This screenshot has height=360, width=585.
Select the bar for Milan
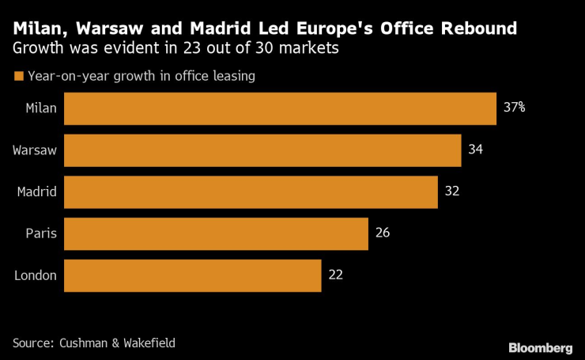(x=279, y=108)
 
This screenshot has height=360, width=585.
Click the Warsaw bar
(x=262, y=150)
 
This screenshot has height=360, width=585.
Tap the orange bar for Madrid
(x=251, y=192)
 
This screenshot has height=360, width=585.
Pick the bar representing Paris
(x=216, y=233)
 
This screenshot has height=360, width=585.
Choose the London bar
(x=192, y=275)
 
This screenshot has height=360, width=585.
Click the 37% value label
(x=515, y=108)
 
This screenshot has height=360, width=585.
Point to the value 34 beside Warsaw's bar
(x=475, y=150)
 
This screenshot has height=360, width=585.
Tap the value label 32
(x=452, y=191)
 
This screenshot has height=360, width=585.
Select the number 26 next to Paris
(x=383, y=233)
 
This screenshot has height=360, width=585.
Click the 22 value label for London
(x=336, y=275)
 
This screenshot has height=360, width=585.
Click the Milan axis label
(x=40, y=108)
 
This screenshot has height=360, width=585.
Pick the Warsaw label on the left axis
(x=35, y=150)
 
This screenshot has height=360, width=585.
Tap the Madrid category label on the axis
(x=36, y=192)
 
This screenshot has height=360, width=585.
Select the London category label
(x=36, y=275)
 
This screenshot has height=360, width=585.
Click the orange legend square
(x=18, y=77)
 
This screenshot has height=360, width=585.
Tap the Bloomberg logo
(x=541, y=347)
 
